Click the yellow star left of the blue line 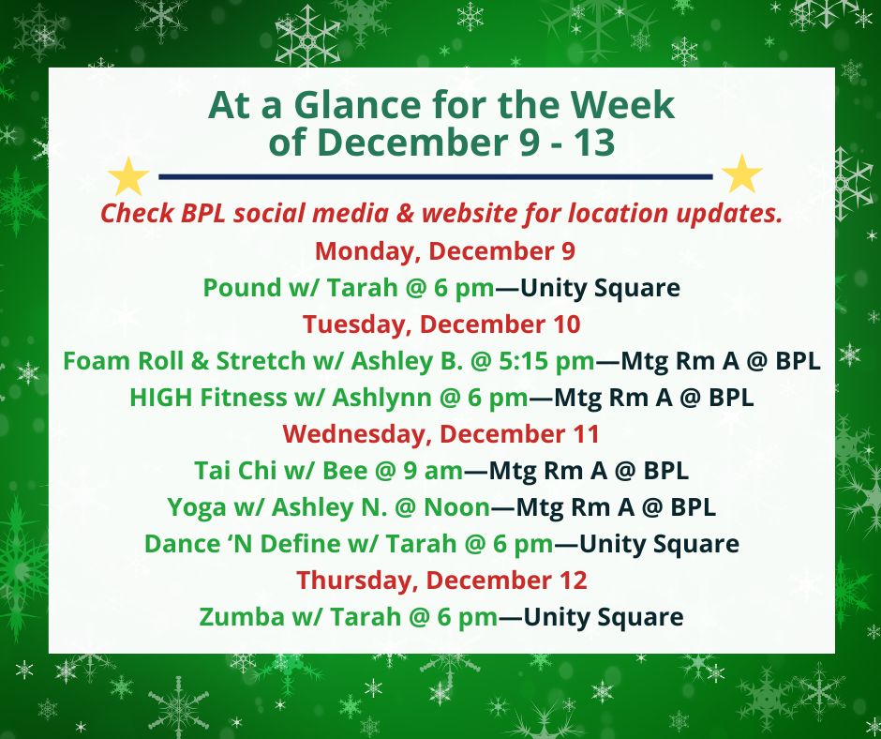pos(128,177)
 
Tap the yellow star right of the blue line pos(741,174)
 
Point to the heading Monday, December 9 pos(445,251)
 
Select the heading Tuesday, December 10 pos(441,324)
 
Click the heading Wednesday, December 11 pos(441,434)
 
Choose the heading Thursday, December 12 pos(441,581)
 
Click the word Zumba pos(242,617)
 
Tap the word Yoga pos(197,508)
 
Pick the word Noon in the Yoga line pos(456,507)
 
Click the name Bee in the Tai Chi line pos(345,471)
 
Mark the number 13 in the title pos(594,142)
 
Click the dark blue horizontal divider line pos(436,176)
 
